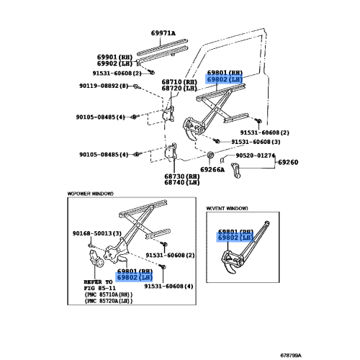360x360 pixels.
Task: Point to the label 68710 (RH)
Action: pyautogui.click(x=179, y=84)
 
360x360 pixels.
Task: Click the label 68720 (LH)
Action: pyautogui.click(x=179, y=91)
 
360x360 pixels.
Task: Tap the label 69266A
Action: pyautogui.click(x=213, y=169)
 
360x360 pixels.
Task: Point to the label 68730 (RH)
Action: pyautogui.click(x=183, y=176)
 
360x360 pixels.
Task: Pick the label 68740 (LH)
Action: pyautogui.click(x=183, y=184)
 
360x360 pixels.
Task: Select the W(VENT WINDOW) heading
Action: pyautogui.click(x=228, y=209)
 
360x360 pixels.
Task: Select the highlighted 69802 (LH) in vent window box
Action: pyautogui.click(x=235, y=237)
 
